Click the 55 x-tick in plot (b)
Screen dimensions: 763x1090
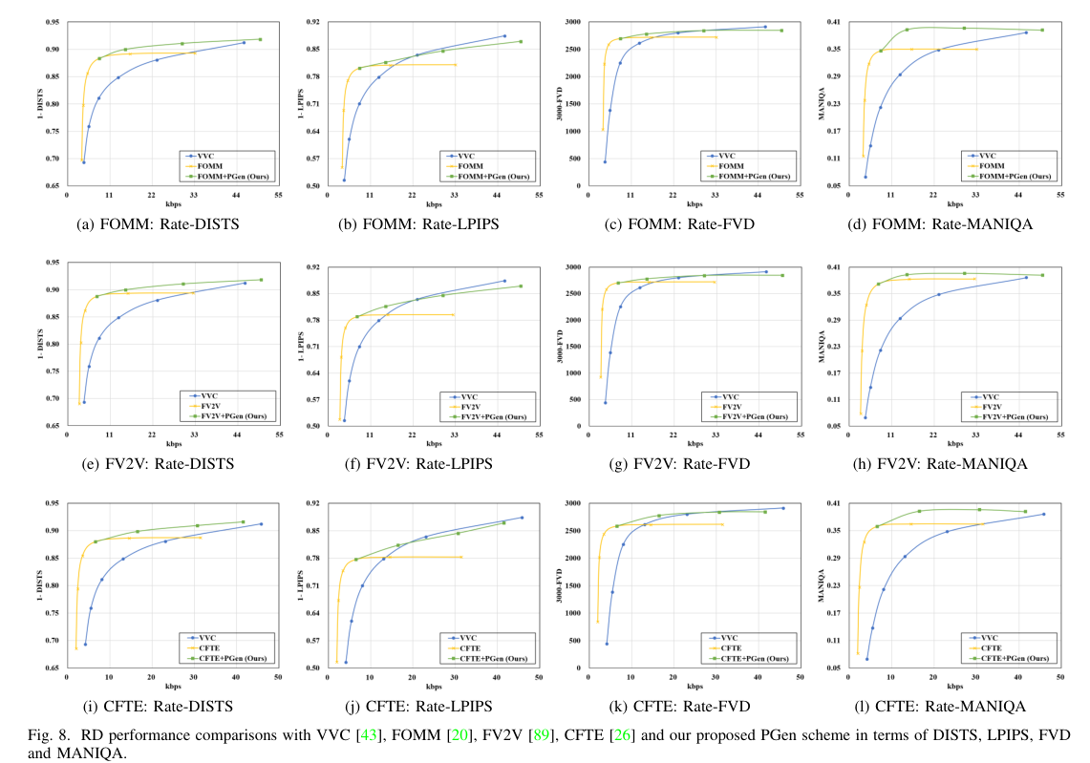pyautogui.click(x=540, y=195)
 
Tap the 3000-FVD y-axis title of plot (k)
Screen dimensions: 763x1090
pyautogui.click(x=565, y=585)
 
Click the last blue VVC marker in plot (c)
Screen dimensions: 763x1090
pyautogui.click(x=764, y=27)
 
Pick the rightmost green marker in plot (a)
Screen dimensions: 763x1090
pyautogui.click(x=260, y=39)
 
